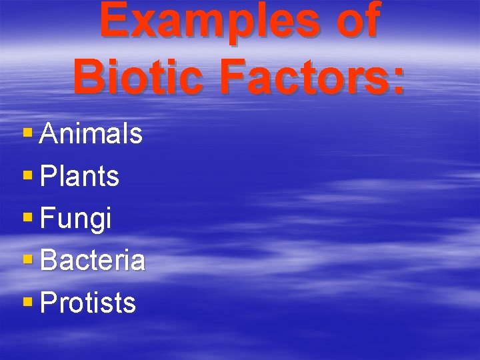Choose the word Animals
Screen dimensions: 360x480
click(x=91, y=134)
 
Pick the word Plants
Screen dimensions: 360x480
click(x=80, y=177)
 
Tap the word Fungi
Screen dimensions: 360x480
click(x=76, y=219)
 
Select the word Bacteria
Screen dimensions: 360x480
click(x=93, y=261)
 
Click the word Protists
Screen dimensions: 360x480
click(x=88, y=303)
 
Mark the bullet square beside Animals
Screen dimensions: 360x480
click(x=27, y=133)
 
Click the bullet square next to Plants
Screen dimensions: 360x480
click(x=27, y=176)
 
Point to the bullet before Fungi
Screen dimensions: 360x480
click(x=27, y=218)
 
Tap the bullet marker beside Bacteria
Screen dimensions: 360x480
click(x=27, y=260)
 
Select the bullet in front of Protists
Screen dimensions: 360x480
click(x=27, y=302)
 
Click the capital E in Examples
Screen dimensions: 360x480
click(x=114, y=21)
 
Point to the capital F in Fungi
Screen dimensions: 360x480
click(x=47, y=219)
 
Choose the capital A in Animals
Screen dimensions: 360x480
click(x=49, y=134)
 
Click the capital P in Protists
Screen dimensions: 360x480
click(x=48, y=303)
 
